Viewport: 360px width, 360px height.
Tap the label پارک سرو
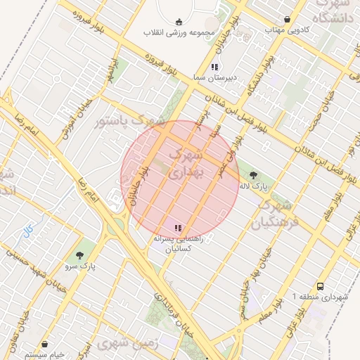coord(82,266)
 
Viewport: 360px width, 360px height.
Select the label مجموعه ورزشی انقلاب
coord(179,33)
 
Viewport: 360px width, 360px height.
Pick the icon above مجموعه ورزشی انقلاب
coord(177,21)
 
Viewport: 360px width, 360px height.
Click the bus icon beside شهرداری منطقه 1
coord(321,287)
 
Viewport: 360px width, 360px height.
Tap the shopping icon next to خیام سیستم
coord(45,345)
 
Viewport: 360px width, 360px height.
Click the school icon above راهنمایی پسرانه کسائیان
coord(177,228)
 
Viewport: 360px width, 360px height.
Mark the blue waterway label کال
coord(28,229)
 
